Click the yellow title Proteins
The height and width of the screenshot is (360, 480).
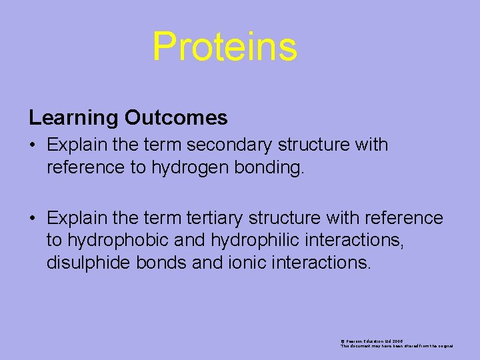click(225, 47)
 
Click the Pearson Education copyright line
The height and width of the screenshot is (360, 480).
click(372, 341)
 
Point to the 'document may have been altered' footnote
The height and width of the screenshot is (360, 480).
click(397, 346)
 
